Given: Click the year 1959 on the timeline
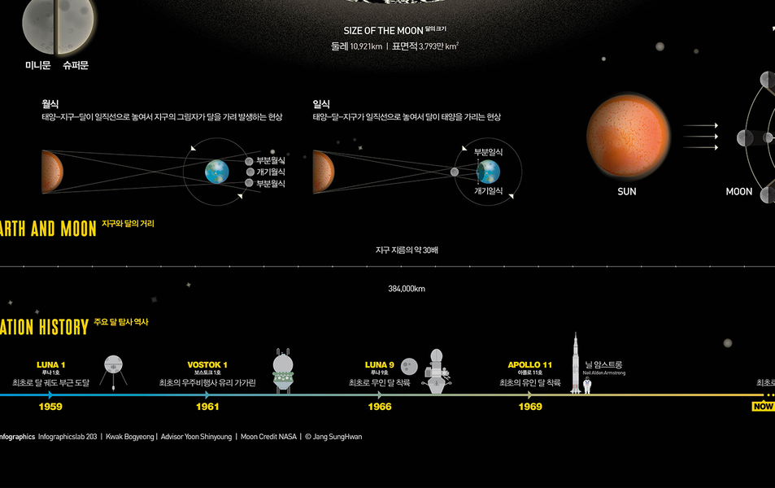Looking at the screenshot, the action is (50, 407).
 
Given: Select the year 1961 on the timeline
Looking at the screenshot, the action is (207, 407).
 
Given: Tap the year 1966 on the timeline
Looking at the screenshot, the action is (379, 407).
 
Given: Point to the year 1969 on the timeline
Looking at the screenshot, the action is (530, 407).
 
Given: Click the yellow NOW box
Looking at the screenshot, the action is (763, 407).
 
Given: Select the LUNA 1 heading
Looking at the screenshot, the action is (51, 364).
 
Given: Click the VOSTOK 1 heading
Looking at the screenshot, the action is (207, 364).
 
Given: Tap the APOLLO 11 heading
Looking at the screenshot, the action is (530, 364).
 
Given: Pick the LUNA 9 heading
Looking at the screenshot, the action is (379, 364).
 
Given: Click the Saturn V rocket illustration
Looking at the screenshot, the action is (576, 364).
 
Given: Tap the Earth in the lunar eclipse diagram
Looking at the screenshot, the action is (216, 172).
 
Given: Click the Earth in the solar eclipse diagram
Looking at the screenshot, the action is (488, 172).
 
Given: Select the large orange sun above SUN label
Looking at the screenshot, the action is (627, 136).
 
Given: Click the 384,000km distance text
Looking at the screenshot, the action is (407, 289).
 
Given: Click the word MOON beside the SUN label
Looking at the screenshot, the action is (739, 192).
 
